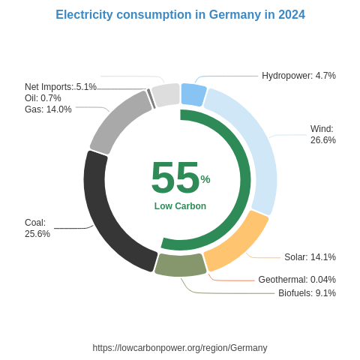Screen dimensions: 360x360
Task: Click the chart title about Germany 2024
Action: pos(180,15)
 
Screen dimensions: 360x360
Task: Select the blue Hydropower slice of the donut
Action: pos(193,94)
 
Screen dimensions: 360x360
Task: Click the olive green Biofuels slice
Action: pos(180,265)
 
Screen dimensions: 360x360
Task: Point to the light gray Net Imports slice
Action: pos(166,95)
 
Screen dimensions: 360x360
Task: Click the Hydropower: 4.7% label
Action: pos(298,76)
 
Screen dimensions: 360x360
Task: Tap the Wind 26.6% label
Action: pos(323,134)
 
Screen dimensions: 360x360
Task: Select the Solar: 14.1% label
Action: pos(310,257)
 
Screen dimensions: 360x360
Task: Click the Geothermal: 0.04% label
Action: pos(297,280)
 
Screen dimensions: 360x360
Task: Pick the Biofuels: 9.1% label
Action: pos(307,293)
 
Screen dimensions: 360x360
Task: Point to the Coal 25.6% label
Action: pos(37,228)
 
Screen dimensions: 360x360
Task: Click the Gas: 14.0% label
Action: pos(48,109)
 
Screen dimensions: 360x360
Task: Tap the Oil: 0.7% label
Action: pos(43,98)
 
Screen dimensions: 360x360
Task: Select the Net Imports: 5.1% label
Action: pos(61,87)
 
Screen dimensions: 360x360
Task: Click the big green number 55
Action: pos(175,178)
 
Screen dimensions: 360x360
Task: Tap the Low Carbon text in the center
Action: pos(180,206)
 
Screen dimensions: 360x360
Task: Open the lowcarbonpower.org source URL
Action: pos(180,348)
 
